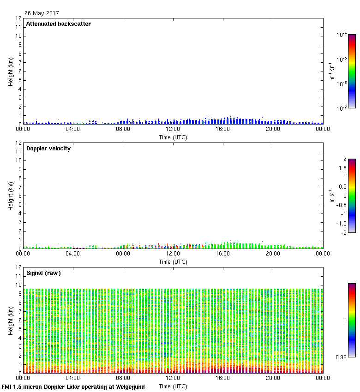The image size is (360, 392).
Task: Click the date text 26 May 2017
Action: tap(42, 13)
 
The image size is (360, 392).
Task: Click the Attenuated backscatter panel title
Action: tap(58, 24)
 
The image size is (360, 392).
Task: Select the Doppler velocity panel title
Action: tap(48, 148)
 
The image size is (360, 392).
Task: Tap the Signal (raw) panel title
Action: tap(43, 273)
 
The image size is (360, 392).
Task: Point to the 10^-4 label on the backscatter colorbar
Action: tap(342, 35)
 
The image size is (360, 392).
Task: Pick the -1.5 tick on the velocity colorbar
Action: tap(342, 223)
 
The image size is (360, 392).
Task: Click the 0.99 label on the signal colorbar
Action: tap(342, 356)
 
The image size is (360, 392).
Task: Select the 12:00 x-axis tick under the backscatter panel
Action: tap(173, 129)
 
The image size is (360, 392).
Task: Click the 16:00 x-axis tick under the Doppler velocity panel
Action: tap(223, 254)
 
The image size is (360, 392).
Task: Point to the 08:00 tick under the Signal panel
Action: tap(123, 378)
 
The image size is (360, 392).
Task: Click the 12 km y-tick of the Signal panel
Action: tap(19, 267)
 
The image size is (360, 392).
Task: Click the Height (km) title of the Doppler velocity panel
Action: tap(11, 196)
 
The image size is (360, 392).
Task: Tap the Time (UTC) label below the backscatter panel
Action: tap(173, 137)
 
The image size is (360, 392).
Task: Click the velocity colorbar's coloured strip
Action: tap(352, 196)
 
